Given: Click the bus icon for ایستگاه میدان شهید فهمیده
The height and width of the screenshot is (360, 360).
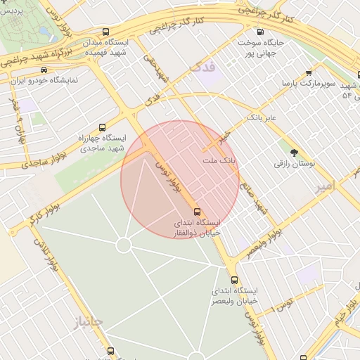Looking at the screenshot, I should [105, 32].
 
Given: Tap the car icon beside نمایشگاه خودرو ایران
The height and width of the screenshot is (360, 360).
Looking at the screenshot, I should [44, 70].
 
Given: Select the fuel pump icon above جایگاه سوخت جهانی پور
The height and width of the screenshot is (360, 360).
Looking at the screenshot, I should [261, 32].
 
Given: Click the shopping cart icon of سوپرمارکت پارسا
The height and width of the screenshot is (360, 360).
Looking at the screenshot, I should [309, 72].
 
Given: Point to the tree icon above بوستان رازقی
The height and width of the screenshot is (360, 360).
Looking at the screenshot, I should [294, 152].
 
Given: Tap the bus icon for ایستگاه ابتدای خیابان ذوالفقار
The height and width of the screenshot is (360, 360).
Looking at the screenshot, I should [197, 211].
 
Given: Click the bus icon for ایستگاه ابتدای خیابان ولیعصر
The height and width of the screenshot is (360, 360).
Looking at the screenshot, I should [234, 280].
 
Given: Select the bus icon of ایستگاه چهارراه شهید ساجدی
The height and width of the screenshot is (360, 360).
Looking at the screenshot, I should [103, 128].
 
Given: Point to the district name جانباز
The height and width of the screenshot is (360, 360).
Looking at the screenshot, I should [87, 322].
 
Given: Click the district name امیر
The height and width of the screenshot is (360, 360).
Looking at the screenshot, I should [323, 186].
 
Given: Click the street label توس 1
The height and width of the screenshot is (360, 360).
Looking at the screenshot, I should [284, 304].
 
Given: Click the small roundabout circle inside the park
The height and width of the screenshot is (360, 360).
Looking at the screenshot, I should [124, 245].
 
